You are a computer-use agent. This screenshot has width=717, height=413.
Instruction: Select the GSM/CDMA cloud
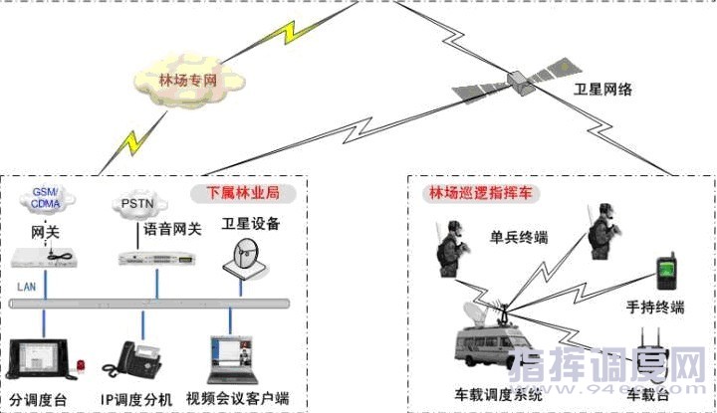(x=46, y=199)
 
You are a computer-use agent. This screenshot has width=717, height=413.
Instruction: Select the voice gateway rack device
(x=149, y=259)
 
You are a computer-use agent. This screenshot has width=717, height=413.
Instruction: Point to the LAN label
(x=26, y=287)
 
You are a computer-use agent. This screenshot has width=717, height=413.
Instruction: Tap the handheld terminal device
(x=664, y=272)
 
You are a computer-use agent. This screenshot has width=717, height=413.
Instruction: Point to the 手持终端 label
(x=656, y=309)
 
